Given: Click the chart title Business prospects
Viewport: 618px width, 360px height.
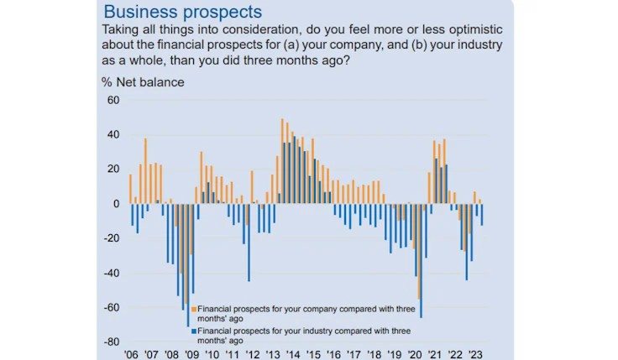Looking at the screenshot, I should [182, 12].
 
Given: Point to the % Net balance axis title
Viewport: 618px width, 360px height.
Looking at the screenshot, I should [143, 82].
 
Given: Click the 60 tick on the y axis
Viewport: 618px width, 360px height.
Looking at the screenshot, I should [115, 101].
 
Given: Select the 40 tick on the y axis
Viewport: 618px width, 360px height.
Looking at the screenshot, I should [115, 135].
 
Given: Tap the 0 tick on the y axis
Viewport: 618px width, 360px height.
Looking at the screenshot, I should [118, 204].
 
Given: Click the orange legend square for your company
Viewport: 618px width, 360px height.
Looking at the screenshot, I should [194, 310].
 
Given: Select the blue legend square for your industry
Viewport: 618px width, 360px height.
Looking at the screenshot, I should [194, 331].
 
